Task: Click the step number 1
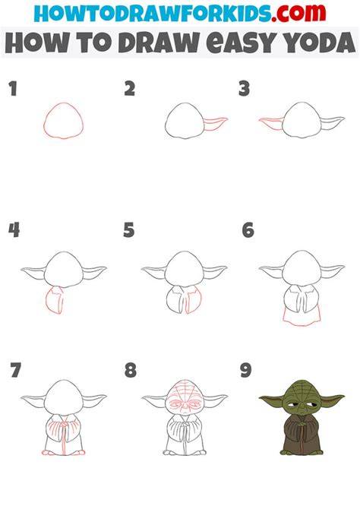tap(13, 89)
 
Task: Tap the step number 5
tap(129, 230)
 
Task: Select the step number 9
tap(246, 371)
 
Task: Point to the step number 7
tap(16, 370)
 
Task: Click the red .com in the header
tap(298, 13)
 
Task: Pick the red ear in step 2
tap(216, 123)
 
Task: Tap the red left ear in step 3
tap(271, 124)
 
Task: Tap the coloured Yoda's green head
tap(302, 399)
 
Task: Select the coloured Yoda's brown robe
tap(302, 435)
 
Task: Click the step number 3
tap(244, 89)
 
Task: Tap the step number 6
tap(248, 230)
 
